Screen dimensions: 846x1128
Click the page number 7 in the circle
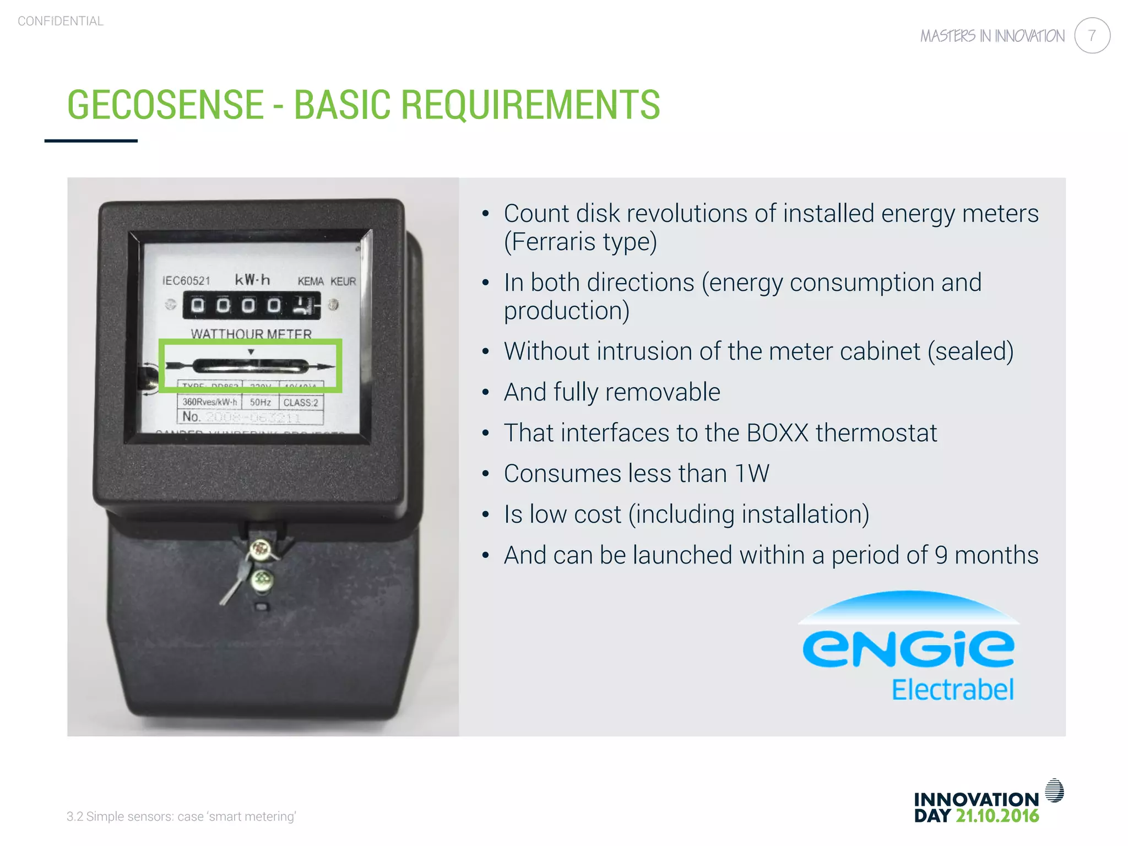coord(1092,36)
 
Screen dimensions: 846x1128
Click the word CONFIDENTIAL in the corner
coord(61,21)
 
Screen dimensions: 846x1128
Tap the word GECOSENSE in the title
coord(165,105)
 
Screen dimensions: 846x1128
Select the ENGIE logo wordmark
coord(908,648)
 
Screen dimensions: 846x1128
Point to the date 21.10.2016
coord(997,816)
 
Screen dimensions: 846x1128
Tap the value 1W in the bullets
coord(752,474)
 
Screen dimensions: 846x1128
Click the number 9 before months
coord(941,555)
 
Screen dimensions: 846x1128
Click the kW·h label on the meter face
coord(252,280)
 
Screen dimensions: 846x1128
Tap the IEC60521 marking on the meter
coord(186,281)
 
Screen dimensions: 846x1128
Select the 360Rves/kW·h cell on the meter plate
coord(209,402)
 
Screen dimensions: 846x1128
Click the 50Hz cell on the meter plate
coord(261,403)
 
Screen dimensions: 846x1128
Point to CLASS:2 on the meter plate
coord(301,403)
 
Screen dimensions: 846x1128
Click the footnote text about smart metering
coord(181,816)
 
